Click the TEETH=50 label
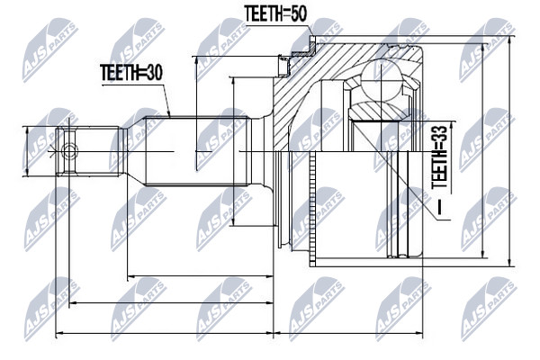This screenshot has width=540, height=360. point(275,13)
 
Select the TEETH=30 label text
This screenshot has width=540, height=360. point(131,73)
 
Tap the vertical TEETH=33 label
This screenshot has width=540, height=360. point(439,157)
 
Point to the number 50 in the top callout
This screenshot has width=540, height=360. point(297,13)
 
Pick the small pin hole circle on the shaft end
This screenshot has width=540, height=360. point(69,151)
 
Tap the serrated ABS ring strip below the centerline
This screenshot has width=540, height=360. point(312,208)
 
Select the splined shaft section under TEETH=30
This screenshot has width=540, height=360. point(197,151)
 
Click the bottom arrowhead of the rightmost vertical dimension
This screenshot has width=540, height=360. point(509,262)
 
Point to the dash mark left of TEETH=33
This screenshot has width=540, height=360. point(439,207)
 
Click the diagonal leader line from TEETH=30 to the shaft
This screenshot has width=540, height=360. point(166,100)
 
